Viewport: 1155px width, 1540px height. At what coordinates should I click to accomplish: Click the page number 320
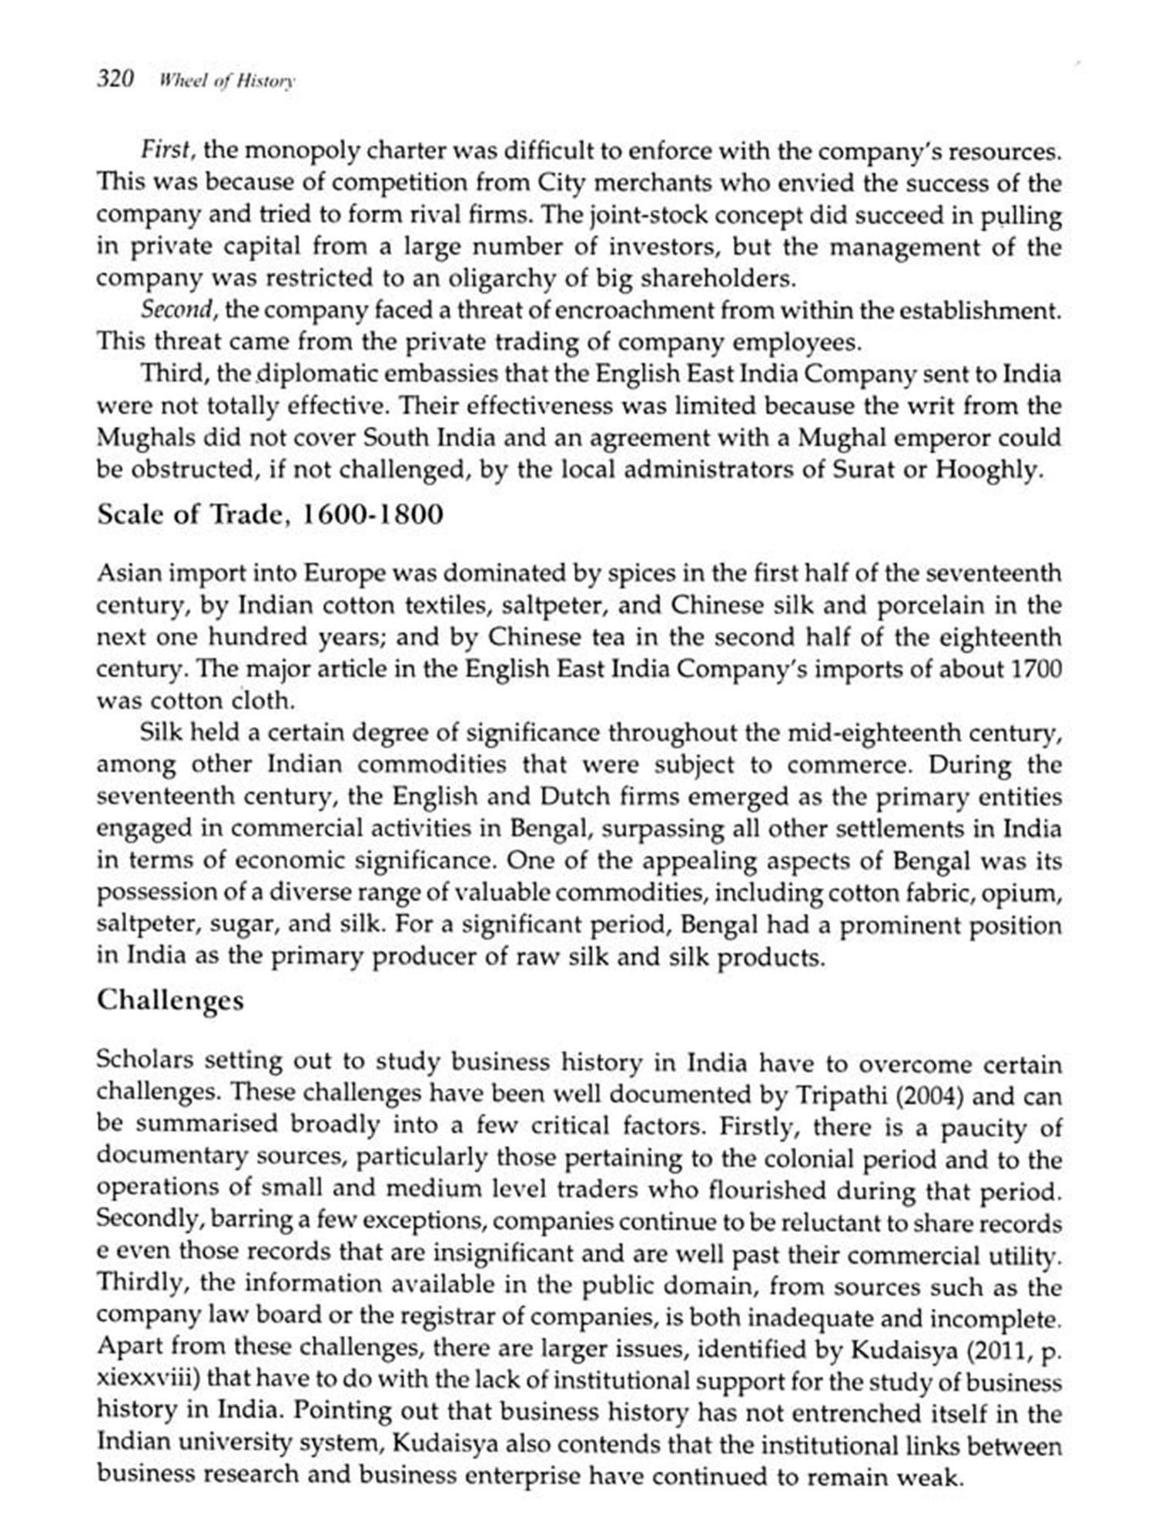[115, 79]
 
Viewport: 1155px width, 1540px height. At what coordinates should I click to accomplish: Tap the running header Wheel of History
[226, 81]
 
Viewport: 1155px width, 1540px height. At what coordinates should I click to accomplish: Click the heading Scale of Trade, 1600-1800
[270, 514]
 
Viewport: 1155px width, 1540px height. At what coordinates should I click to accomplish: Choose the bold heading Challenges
[170, 999]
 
